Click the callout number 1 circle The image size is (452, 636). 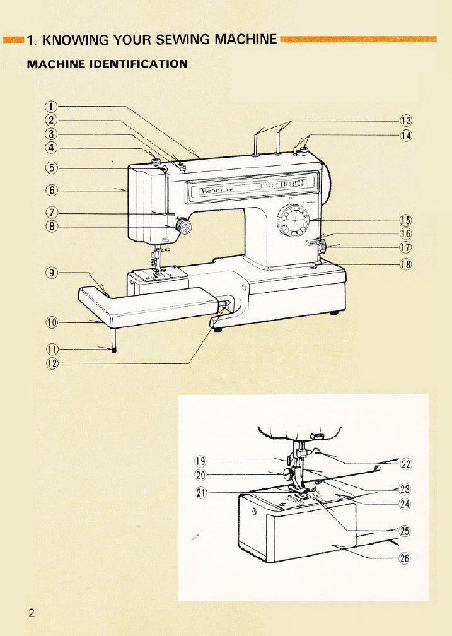[52, 105]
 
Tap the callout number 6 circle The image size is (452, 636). [52, 190]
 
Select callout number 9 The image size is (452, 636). [52, 273]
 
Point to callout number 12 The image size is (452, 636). [52, 363]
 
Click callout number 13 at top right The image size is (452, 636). [406, 121]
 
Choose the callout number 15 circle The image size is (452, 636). [406, 220]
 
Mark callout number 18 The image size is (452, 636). [406, 264]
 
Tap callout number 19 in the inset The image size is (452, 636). [201, 461]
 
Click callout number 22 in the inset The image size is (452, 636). [406, 464]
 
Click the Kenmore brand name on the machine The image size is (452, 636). [217, 189]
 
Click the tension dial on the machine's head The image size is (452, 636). [183, 225]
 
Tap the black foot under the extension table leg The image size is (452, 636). [114, 350]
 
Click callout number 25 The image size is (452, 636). [406, 531]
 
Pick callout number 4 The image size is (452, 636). [52, 148]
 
